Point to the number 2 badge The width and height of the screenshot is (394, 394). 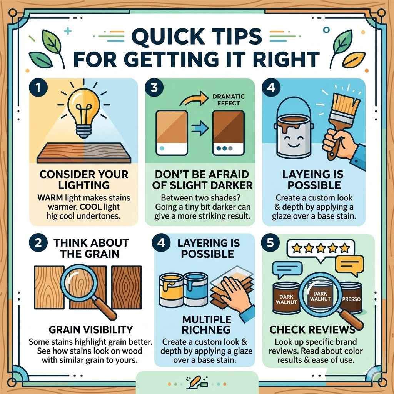click(x=38, y=244)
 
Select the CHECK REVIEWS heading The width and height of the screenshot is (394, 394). click(x=312, y=330)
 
